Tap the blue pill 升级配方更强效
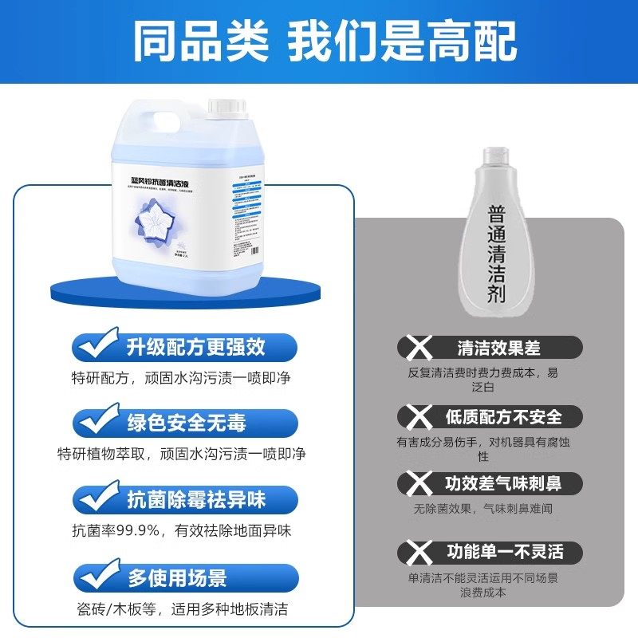pos(195,347)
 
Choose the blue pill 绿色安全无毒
pos(195,423)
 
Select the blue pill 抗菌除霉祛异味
pos(195,500)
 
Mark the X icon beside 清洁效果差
pos(415,348)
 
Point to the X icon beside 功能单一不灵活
pos(415,551)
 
